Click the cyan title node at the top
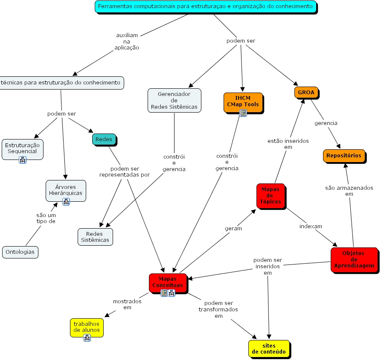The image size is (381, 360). [x=206, y=6]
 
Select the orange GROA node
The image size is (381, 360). [x=306, y=92]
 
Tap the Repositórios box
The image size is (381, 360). [x=344, y=156]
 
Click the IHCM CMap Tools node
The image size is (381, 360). [x=243, y=101]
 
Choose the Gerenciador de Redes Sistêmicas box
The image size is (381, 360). [x=174, y=100]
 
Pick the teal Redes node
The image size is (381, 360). [x=104, y=139]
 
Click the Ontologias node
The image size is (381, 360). [x=20, y=252]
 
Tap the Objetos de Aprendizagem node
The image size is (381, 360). [x=354, y=259]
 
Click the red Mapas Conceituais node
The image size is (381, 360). [x=168, y=282]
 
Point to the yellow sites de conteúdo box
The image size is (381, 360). [x=269, y=348]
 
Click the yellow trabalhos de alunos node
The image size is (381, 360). [x=87, y=327]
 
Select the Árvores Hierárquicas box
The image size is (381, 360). [x=66, y=190]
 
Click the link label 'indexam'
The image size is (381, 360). [x=311, y=226]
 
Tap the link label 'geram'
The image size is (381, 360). [x=233, y=228]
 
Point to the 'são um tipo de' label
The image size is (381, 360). [x=46, y=218]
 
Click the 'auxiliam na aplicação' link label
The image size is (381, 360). [x=127, y=41]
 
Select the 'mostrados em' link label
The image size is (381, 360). [x=127, y=304]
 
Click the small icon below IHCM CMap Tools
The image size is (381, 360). [x=243, y=113]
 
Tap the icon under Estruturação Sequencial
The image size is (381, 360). [x=23, y=160]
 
